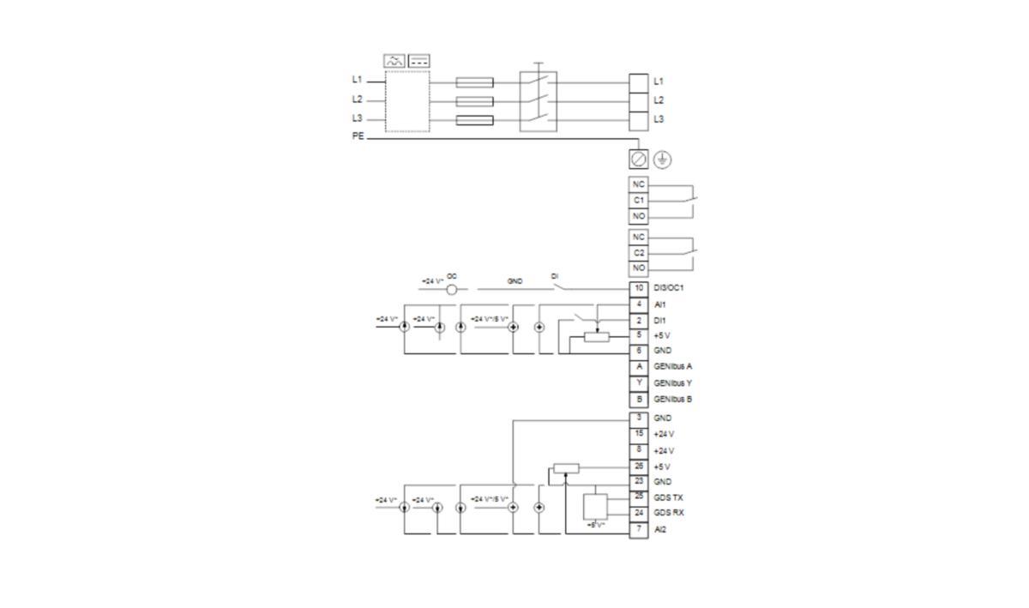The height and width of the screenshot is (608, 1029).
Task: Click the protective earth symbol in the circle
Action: point(663,160)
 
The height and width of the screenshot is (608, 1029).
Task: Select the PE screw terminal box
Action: point(640,160)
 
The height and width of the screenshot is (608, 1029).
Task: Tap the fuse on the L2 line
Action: point(474,101)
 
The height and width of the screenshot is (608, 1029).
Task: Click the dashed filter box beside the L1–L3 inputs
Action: point(406,101)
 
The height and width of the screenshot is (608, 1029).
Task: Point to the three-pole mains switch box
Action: point(539,101)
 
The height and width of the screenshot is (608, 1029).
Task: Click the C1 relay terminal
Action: point(639,200)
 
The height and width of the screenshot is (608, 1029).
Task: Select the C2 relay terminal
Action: point(639,252)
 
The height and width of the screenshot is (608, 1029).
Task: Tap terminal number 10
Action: point(639,288)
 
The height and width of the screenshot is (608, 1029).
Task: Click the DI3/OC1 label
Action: point(669,288)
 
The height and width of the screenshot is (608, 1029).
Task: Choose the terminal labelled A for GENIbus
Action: point(639,366)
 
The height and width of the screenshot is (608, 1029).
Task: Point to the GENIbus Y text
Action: point(673,382)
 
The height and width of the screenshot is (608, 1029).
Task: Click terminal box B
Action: point(639,399)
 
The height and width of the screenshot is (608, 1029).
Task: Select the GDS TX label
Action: point(669,497)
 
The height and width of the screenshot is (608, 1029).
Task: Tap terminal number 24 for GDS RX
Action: point(639,513)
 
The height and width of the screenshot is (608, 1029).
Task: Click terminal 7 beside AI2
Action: point(639,529)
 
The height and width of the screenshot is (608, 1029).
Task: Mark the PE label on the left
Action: point(357,136)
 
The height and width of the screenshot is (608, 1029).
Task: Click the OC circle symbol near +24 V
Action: point(452,289)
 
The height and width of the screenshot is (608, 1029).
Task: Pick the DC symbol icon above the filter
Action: point(419,61)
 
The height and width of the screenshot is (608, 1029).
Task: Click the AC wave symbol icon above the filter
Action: point(394,61)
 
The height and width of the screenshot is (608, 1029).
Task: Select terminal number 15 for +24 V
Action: point(639,434)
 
